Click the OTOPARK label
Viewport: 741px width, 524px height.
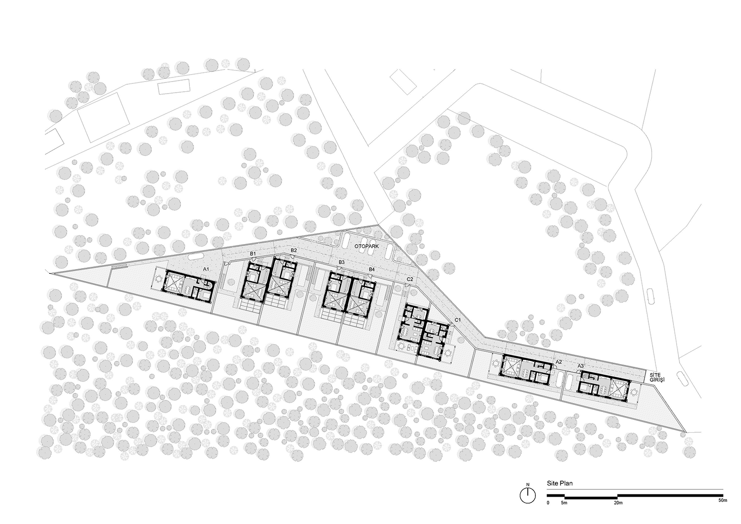pyautogui.click(x=366, y=246)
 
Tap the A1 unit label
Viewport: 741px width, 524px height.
pyautogui.click(x=206, y=270)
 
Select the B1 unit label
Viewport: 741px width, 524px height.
pyautogui.click(x=253, y=253)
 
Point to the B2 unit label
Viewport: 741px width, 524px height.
pyautogui.click(x=294, y=250)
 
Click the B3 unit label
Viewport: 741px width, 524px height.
pyautogui.click(x=342, y=262)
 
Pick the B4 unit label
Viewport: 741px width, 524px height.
pyautogui.click(x=372, y=270)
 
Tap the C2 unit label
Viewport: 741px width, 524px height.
pyautogui.click(x=410, y=279)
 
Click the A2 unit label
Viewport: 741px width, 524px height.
pyautogui.click(x=559, y=362)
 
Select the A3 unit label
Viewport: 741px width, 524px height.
pyautogui.click(x=581, y=366)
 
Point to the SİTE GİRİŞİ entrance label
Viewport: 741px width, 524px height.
pyautogui.click(x=657, y=377)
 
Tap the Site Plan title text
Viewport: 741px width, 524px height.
pyautogui.click(x=560, y=483)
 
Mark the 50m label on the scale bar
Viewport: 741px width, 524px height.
pyautogui.click(x=723, y=510)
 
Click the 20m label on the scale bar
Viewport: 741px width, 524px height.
pyautogui.click(x=618, y=512)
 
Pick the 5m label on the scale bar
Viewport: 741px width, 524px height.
pyautogui.click(x=564, y=512)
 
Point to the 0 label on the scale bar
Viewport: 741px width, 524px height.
pyautogui.click(x=548, y=512)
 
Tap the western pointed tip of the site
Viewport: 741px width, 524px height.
pyautogui.click(x=50, y=273)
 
